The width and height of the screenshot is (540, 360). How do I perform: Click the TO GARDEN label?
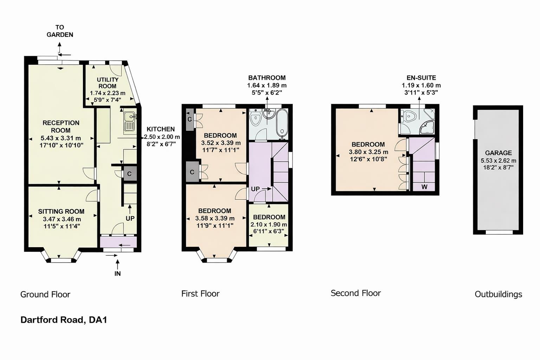click(x=60, y=31)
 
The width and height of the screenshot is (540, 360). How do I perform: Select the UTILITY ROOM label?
click(x=108, y=83)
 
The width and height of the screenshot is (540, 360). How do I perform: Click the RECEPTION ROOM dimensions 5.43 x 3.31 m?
click(x=61, y=138)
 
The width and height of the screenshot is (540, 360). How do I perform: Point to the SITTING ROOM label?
click(x=61, y=211)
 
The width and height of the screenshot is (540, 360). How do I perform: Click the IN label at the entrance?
click(x=117, y=274)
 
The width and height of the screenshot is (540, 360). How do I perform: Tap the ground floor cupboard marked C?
click(x=129, y=174)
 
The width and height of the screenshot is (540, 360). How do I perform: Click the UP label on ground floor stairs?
click(x=130, y=218)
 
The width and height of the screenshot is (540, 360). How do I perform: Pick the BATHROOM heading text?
click(x=267, y=78)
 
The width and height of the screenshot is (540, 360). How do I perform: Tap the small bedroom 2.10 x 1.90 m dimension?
click(x=269, y=224)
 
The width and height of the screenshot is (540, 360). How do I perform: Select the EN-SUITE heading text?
click(x=421, y=78)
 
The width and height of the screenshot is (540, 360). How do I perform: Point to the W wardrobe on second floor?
click(x=424, y=187)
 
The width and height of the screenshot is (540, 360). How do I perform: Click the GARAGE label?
click(x=498, y=153)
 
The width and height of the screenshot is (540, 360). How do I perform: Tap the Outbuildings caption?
click(x=498, y=294)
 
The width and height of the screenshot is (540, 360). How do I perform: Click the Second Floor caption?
click(x=355, y=293)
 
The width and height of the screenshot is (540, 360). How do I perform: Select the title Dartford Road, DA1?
click(x=64, y=320)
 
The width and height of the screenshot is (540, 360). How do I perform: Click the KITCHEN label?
click(x=161, y=129)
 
